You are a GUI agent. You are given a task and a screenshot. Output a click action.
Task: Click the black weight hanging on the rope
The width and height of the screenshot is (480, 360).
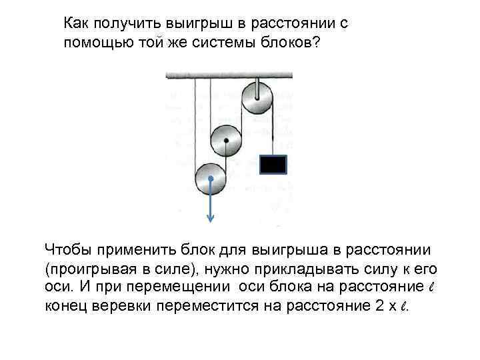coord(273,164)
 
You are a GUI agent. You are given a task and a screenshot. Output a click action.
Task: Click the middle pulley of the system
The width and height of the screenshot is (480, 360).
coord(227,140)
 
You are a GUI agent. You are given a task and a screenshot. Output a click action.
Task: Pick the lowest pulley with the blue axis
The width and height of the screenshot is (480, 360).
coord(211,179)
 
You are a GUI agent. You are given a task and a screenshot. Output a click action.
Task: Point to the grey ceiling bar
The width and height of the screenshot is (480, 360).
coord(229,75)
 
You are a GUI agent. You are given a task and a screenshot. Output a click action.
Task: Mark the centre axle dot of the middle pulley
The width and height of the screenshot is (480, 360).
coord(227,140)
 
